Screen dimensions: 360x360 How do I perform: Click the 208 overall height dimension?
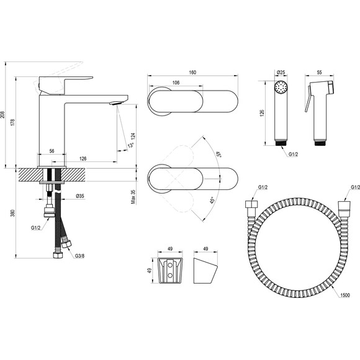pyautogui.click(x=2, y=115)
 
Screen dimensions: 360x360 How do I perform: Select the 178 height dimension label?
pyautogui.click(x=13, y=122)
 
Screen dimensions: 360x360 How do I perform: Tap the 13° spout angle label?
pyautogui.click(x=130, y=145)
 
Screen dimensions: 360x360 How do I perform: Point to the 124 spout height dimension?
pyautogui.click(x=133, y=137)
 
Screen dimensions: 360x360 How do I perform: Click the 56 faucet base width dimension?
pyautogui.click(x=52, y=151)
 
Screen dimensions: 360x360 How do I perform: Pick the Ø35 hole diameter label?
pyautogui.click(x=80, y=196)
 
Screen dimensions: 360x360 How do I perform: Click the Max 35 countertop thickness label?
pyautogui.click(x=133, y=197)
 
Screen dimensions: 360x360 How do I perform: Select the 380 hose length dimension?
pyautogui.click(x=13, y=213)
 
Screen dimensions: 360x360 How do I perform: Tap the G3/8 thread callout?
pyautogui.click(x=79, y=256)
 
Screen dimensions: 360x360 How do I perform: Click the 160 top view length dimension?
pyautogui.click(x=192, y=73)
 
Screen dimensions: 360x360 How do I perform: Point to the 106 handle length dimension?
pyautogui.click(x=176, y=83)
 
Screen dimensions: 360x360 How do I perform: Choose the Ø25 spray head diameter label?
pyautogui.click(x=281, y=72)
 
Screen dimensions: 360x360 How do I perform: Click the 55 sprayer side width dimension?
pyautogui.click(x=320, y=72)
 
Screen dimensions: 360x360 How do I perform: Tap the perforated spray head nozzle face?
pyautogui.click(x=281, y=88)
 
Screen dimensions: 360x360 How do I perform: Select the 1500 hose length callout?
pyautogui.click(x=345, y=295)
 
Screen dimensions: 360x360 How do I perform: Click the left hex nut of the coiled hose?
pyautogui.click(x=251, y=204)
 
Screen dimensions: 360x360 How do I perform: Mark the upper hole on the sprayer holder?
pyautogui.click(x=170, y=265)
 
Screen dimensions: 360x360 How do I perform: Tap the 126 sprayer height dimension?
pyautogui.click(x=263, y=113)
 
